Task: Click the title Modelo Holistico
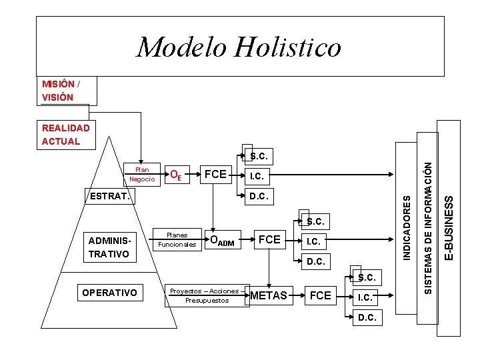(x=239, y=47)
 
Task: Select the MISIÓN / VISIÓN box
(x=67, y=91)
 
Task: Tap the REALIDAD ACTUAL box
(x=67, y=134)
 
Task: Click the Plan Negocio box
(x=142, y=174)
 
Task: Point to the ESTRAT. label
(x=109, y=196)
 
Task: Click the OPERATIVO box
(x=109, y=293)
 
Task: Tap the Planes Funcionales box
(x=177, y=239)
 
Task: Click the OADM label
(x=222, y=241)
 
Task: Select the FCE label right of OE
(x=215, y=175)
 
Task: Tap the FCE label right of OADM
(x=269, y=239)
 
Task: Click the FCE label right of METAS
(x=321, y=295)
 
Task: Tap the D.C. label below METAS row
(x=367, y=317)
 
